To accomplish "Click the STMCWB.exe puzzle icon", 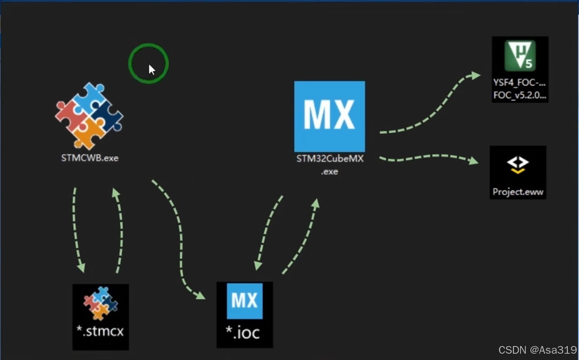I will pyautogui.click(x=89, y=116).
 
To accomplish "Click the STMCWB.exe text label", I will pyautogui.click(x=90, y=158).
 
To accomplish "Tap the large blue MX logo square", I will pyautogui.click(x=330, y=116).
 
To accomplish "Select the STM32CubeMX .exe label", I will pyautogui.click(x=330, y=164).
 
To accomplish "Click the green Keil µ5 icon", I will pyautogui.click(x=520, y=56).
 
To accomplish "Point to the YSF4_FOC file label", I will pyautogui.click(x=520, y=89).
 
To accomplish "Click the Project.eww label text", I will pyautogui.click(x=518, y=192).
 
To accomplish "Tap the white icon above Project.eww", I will pyautogui.click(x=518, y=165).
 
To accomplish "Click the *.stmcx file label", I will pyautogui.click(x=100, y=332).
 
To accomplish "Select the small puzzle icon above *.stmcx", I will pyautogui.click(x=101, y=303).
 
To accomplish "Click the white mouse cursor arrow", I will pyautogui.click(x=151, y=70).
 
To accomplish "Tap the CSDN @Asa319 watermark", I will pyautogui.click(x=537, y=350).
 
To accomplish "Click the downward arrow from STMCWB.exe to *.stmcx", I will pyautogui.click(x=75, y=229).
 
